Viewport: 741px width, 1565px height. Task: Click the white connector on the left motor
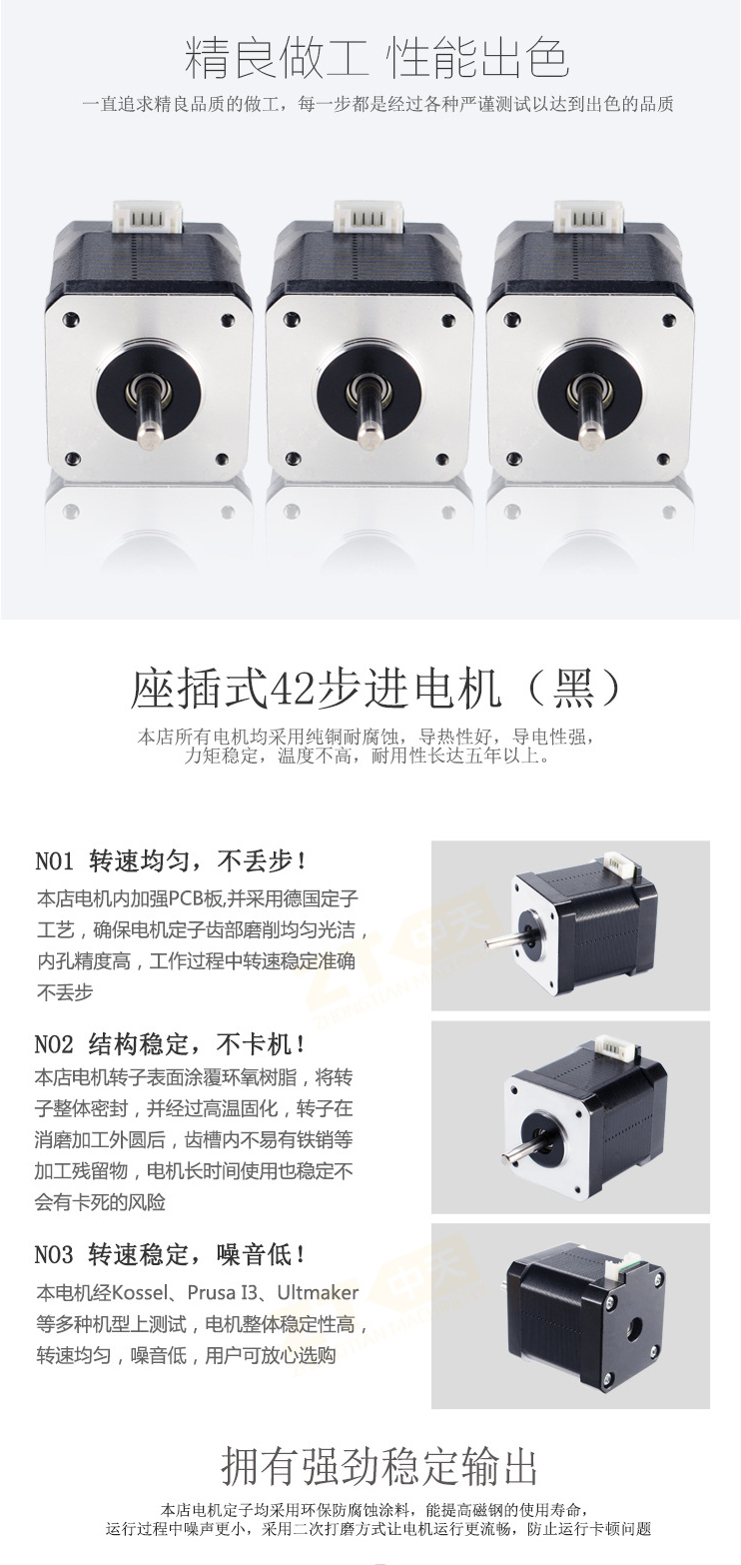click(148, 217)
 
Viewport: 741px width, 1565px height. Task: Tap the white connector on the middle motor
click(369, 217)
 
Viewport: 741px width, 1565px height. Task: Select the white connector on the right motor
click(589, 217)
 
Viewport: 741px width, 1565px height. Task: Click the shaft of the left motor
click(149, 412)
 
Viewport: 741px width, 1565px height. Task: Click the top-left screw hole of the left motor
click(70, 320)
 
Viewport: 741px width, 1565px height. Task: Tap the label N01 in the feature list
click(54, 861)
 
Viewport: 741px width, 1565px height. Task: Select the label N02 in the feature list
click(54, 1045)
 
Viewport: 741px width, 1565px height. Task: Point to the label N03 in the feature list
click(54, 1255)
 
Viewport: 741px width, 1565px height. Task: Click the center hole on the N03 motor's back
click(634, 1330)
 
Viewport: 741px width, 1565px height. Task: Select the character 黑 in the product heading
click(572, 689)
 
